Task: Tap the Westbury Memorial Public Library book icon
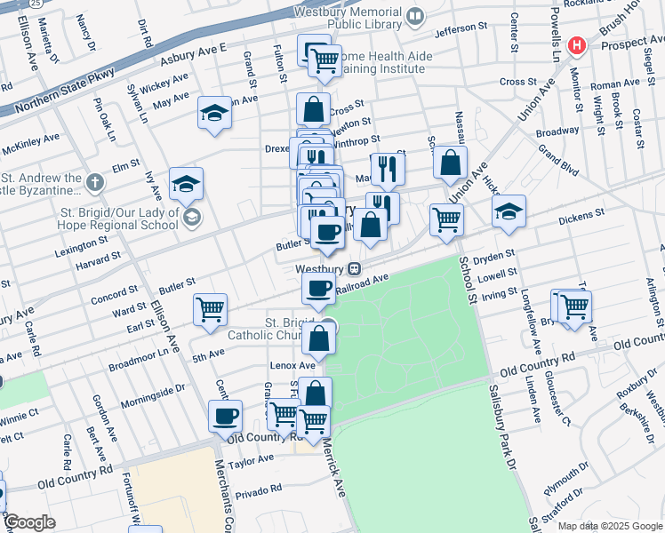click(x=414, y=16)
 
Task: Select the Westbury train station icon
click(x=354, y=268)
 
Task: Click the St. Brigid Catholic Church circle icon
click(x=328, y=324)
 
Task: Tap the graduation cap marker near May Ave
click(x=214, y=113)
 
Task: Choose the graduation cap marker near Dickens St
click(x=509, y=211)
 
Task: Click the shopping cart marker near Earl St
click(x=211, y=309)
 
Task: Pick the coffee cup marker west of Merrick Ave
click(x=225, y=415)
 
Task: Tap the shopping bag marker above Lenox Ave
click(x=318, y=338)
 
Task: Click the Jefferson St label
click(x=462, y=33)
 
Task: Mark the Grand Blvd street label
click(x=558, y=162)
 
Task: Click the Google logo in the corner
click(x=28, y=522)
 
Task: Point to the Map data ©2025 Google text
click(x=609, y=526)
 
